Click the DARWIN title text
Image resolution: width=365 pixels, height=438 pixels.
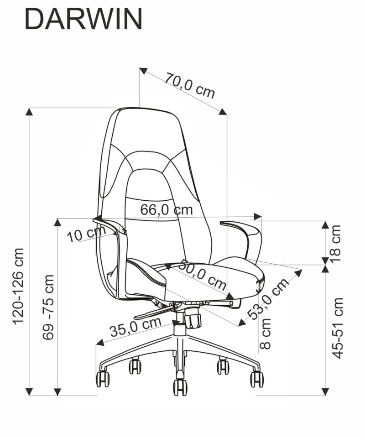(83, 19)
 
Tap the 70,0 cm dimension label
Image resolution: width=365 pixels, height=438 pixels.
(190, 85)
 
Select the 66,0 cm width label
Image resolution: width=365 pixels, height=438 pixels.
(167, 209)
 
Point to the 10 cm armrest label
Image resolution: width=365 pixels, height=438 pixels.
(86, 234)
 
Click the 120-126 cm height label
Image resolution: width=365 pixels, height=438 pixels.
(19, 287)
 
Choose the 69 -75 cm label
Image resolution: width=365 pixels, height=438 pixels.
(48, 307)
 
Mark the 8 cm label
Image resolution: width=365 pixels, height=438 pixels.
(265, 334)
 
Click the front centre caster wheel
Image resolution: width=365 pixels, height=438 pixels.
(180, 387)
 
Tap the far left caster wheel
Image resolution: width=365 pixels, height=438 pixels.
(103, 379)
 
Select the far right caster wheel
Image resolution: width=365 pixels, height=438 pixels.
(257, 379)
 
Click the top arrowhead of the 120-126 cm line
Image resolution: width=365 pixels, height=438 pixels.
(29, 111)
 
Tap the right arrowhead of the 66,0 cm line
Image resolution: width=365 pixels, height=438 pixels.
(257, 216)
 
